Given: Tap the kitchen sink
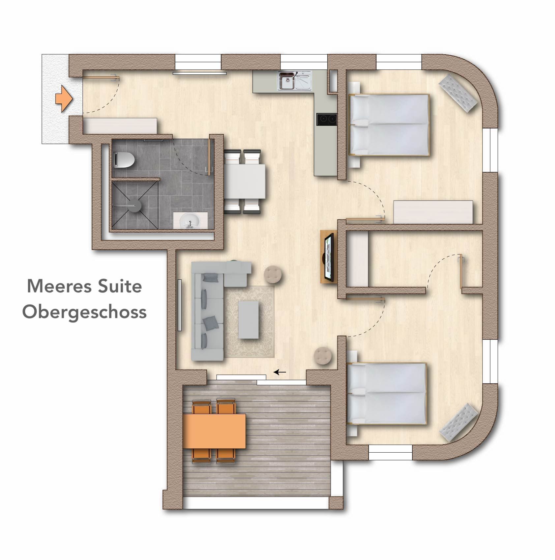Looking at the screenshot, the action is click(x=295, y=80).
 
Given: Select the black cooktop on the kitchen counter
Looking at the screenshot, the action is click(x=327, y=119).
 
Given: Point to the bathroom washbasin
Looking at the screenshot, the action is click(x=190, y=220).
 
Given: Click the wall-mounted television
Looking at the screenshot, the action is click(x=329, y=257).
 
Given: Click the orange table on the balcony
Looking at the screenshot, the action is click(x=214, y=431).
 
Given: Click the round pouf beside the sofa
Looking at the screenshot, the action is click(x=273, y=274).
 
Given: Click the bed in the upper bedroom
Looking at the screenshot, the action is click(x=389, y=125).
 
